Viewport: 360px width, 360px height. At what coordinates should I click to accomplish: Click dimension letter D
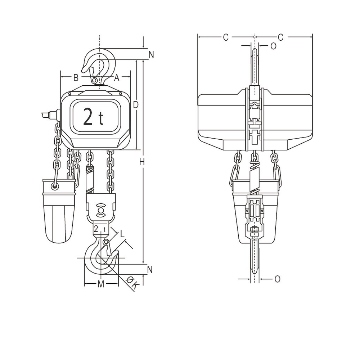pyautogui.click(x=136, y=105)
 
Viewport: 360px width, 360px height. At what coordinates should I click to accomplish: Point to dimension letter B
pyautogui.click(x=76, y=77)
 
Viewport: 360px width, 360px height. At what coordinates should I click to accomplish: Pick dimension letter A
pyautogui.click(x=117, y=77)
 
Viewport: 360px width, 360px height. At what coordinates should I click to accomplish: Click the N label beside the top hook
pyautogui.click(x=151, y=55)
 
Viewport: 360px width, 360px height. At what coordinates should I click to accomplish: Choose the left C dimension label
pyautogui.click(x=226, y=37)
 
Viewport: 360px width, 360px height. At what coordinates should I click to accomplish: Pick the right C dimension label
pyautogui.click(x=280, y=37)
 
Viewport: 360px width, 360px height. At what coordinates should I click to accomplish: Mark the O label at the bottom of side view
pyautogui.click(x=277, y=279)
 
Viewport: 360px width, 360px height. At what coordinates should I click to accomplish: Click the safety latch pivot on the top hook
pyautogui.click(x=94, y=81)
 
